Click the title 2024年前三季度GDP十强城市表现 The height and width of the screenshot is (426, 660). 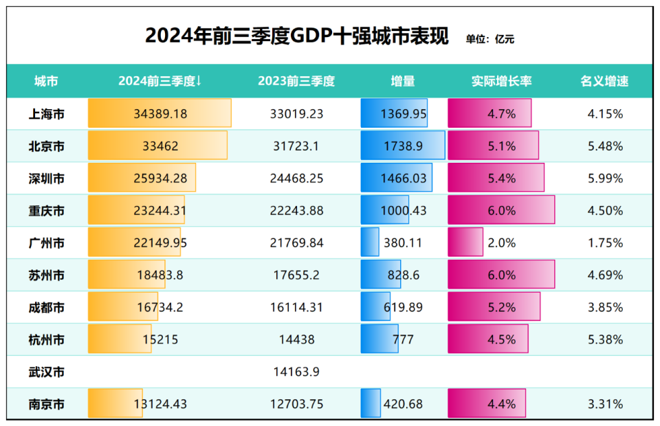(296, 36)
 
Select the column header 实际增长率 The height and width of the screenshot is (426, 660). (501, 81)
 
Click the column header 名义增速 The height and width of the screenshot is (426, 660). (605, 81)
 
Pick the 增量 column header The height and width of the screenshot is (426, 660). (403, 81)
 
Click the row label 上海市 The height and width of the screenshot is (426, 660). (47, 114)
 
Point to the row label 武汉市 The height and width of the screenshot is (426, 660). (47, 372)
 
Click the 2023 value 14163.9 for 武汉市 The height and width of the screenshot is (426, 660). (296, 372)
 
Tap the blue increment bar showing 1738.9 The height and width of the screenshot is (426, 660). (403, 146)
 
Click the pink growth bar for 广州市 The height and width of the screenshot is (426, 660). (465, 243)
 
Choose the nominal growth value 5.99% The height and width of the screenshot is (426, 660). (605, 179)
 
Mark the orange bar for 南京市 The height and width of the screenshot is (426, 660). (115, 404)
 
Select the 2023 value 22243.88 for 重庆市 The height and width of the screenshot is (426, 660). (296, 211)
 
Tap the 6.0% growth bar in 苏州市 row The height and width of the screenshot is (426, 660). (501, 276)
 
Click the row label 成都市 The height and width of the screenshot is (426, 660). (47, 308)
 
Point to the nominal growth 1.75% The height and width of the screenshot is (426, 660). (605, 243)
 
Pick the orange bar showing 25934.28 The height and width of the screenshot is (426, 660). (142, 179)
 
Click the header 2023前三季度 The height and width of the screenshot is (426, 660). (296, 81)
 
